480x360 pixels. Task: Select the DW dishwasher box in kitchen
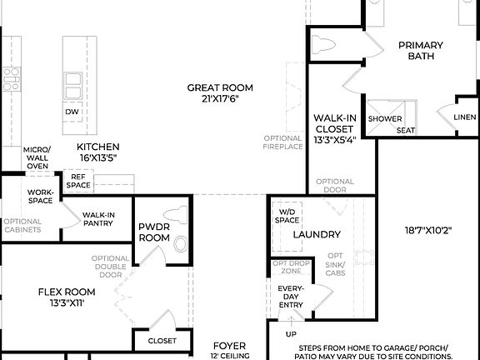click(x=72, y=112)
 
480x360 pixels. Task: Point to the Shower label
click(x=385, y=118)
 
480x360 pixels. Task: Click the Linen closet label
click(x=465, y=117)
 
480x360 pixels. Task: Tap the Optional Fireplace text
click(x=283, y=142)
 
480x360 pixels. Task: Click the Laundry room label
click(x=317, y=235)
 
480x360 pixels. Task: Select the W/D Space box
click(x=287, y=217)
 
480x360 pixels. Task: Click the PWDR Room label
click(x=154, y=231)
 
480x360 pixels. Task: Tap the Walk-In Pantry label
click(x=98, y=219)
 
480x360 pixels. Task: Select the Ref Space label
click(x=79, y=181)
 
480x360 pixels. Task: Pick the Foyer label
click(x=228, y=344)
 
